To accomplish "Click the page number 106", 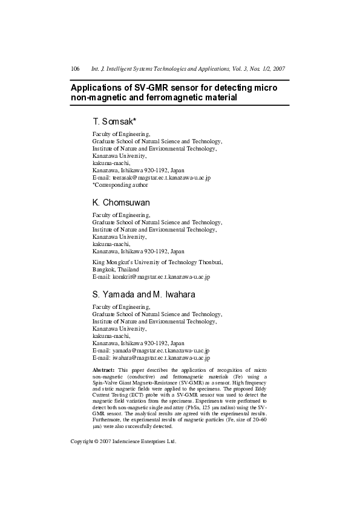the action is click(76, 69).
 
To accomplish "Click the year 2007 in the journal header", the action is click(278, 69).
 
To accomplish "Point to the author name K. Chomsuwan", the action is click(121, 202).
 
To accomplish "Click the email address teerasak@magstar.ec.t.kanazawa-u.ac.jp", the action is click(160, 178).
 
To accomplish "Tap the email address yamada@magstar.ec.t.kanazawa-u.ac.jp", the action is click(159, 350).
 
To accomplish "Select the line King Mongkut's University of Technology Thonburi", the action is click(157, 262).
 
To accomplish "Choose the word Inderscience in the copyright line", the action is click(132, 441).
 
